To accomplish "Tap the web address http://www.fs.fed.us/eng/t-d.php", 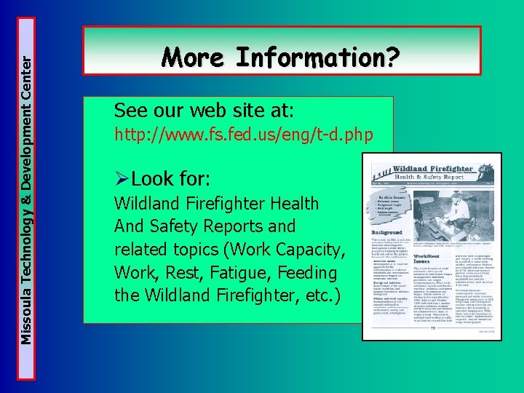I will coord(244,135).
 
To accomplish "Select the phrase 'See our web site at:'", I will coord(203,111).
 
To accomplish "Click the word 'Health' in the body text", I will coord(292,204).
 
